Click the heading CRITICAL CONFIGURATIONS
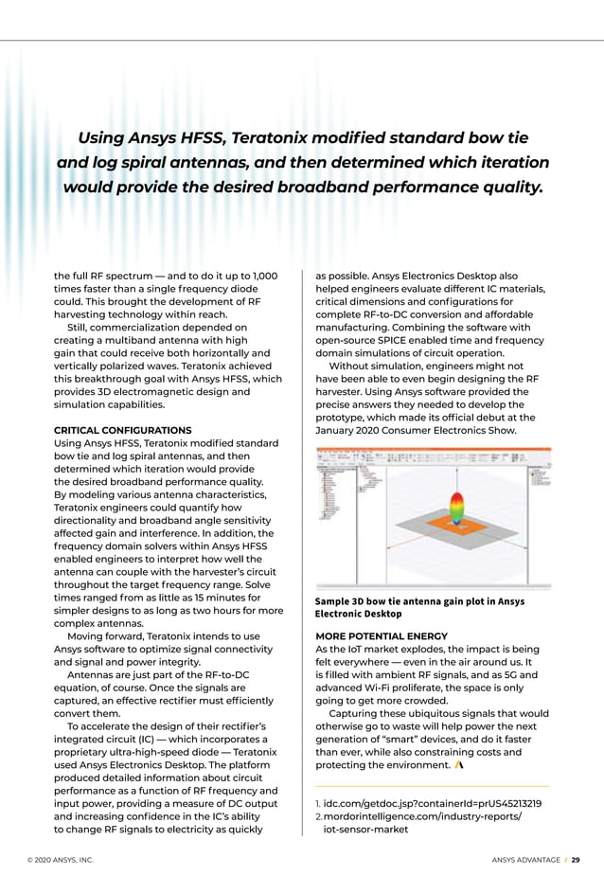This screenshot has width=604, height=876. click(x=122, y=430)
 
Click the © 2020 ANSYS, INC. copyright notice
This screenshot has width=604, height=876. click(x=61, y=860)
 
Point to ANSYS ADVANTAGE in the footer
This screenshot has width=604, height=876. click(x=525, y=860)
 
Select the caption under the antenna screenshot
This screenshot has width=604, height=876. click(x=419, y=607)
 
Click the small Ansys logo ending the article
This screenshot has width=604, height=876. click(x=458, y=762)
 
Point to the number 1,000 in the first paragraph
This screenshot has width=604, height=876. click(x=258, y=276)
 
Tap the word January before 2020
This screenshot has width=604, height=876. click(x=337, y=430)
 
